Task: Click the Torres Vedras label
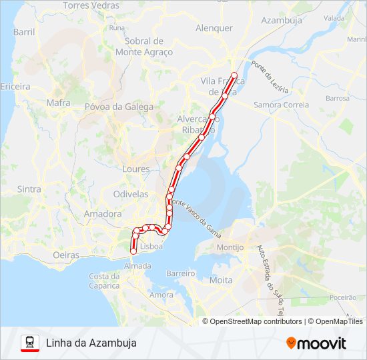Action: click(x=91, y=5)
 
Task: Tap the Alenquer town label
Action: click(x=214, y=28)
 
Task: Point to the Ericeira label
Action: click(x=15, y=87)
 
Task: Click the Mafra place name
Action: click(x=58, y=103)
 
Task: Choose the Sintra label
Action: click(x=29, y=189)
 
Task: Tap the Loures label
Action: click(x=136, y=169)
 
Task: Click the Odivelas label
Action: click(x=131, y=194)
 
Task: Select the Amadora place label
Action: click(x=103, y=214)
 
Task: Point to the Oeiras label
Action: click(x=65, y=255)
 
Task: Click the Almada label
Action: click(x=137, y=265)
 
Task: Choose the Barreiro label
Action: click(x=180, y=273)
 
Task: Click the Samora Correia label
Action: click(x=281, y=105)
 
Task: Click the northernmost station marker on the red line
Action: click(x=234, y=75)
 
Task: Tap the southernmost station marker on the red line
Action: click(x=133, y=251)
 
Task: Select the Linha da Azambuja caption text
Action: click(x=91, y=343)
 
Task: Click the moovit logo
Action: click(x=316, y=343)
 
